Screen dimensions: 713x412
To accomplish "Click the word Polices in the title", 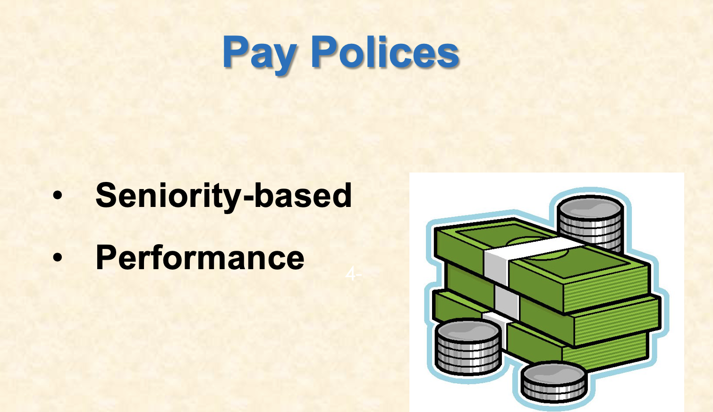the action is click(x=385, y=51).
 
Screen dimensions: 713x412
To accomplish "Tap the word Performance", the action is click(x=200, y=258).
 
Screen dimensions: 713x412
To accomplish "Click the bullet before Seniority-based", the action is click(x=57, y=196).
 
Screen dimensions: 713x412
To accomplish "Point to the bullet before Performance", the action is click(x=57, y=258).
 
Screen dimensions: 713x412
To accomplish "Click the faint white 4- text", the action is click(x=353, y=273).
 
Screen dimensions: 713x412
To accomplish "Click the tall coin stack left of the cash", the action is click(x=467, y=347).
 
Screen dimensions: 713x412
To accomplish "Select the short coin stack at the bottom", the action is click(x=554, y=382).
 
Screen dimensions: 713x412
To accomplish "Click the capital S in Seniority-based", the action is click(x=106, y=195).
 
